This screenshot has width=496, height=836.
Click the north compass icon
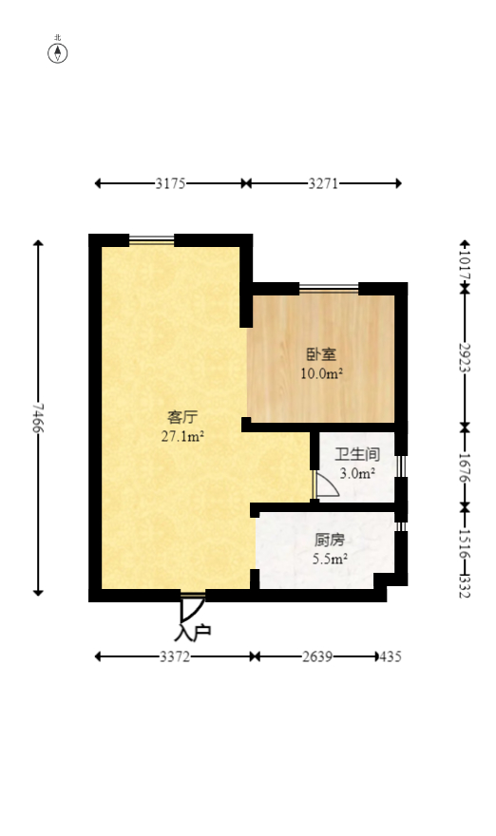point(58,52)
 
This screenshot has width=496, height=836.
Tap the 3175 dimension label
point(170,183)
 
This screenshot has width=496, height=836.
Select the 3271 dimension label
point(323,183)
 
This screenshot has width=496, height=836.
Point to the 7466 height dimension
point(38,418)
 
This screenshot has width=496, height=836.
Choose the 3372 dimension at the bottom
point(174,656)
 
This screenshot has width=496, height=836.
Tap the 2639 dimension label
point(317,656)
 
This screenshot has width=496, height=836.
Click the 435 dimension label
point(391,656)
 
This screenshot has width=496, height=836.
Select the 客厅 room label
point(181,418)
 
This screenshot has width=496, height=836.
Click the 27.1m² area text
point(182,437)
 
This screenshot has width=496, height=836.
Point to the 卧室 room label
point(321,355)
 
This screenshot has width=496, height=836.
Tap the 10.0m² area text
point(321,373)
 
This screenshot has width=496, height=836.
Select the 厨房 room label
point(330,541)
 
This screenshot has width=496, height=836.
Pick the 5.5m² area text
point(330,559)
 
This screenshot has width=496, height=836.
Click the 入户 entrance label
point(193,631)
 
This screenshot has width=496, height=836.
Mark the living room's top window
point(152,240)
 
